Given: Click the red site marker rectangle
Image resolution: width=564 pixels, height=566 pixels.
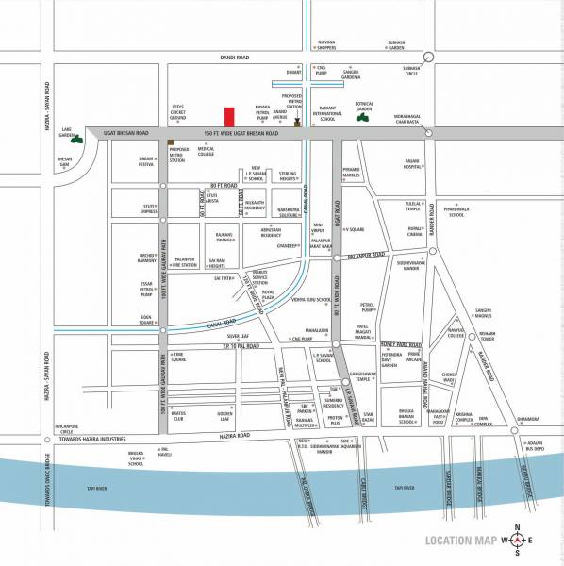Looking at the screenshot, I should tap(228, 118).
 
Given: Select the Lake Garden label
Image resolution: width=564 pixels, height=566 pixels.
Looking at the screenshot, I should tap(67, 129).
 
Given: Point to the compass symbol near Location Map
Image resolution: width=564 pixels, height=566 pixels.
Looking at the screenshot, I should tap(514, 541).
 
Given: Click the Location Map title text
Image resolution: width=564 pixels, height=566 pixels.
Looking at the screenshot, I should tap(460, 541).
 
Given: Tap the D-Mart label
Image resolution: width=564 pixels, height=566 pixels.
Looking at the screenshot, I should tap(293, 73).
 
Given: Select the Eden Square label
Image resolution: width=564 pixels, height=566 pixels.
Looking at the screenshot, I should tap(145, 319).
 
